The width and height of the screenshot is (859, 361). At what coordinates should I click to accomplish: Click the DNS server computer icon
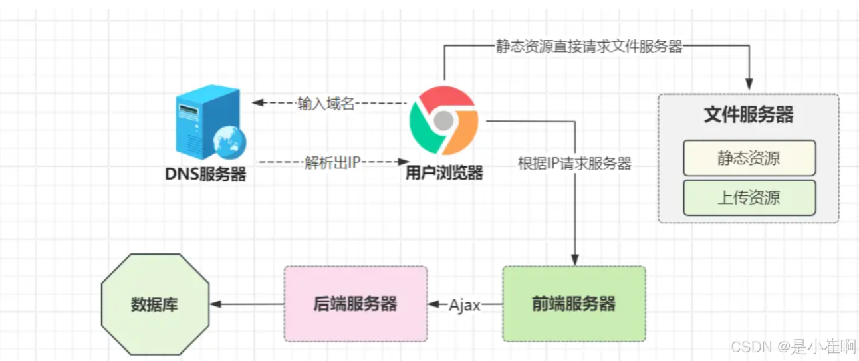click(203, 124)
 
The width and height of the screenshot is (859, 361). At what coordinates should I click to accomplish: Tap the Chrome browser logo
click(443, 121)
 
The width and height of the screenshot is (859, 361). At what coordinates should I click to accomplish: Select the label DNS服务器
click(205, 174)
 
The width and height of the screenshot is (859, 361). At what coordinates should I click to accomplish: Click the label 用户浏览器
click(444, 174)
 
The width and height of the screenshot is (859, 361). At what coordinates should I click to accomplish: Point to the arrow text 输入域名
click(326, 104)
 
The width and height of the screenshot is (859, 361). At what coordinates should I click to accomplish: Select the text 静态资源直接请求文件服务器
click(589, 46)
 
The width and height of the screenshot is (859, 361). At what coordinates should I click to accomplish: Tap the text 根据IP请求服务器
click(574, 164)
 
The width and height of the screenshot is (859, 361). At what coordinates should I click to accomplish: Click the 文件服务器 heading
click(748, 114)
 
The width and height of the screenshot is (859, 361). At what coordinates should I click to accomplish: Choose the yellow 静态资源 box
click(749, 158)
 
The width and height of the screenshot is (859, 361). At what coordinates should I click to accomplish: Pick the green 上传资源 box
click(749, 197)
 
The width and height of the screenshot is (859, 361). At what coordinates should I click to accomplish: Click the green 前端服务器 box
click(573, 304)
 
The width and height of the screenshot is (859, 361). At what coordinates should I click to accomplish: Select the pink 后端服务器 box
click(355, 304)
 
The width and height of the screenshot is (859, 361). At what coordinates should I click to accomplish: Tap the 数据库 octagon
click(155, 305)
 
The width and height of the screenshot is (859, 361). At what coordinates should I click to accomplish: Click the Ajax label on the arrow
click(465, 305)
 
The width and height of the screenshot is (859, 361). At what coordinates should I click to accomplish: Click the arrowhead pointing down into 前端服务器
click(575, 259)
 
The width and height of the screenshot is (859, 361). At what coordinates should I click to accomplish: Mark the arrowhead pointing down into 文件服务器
click(749, 85)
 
